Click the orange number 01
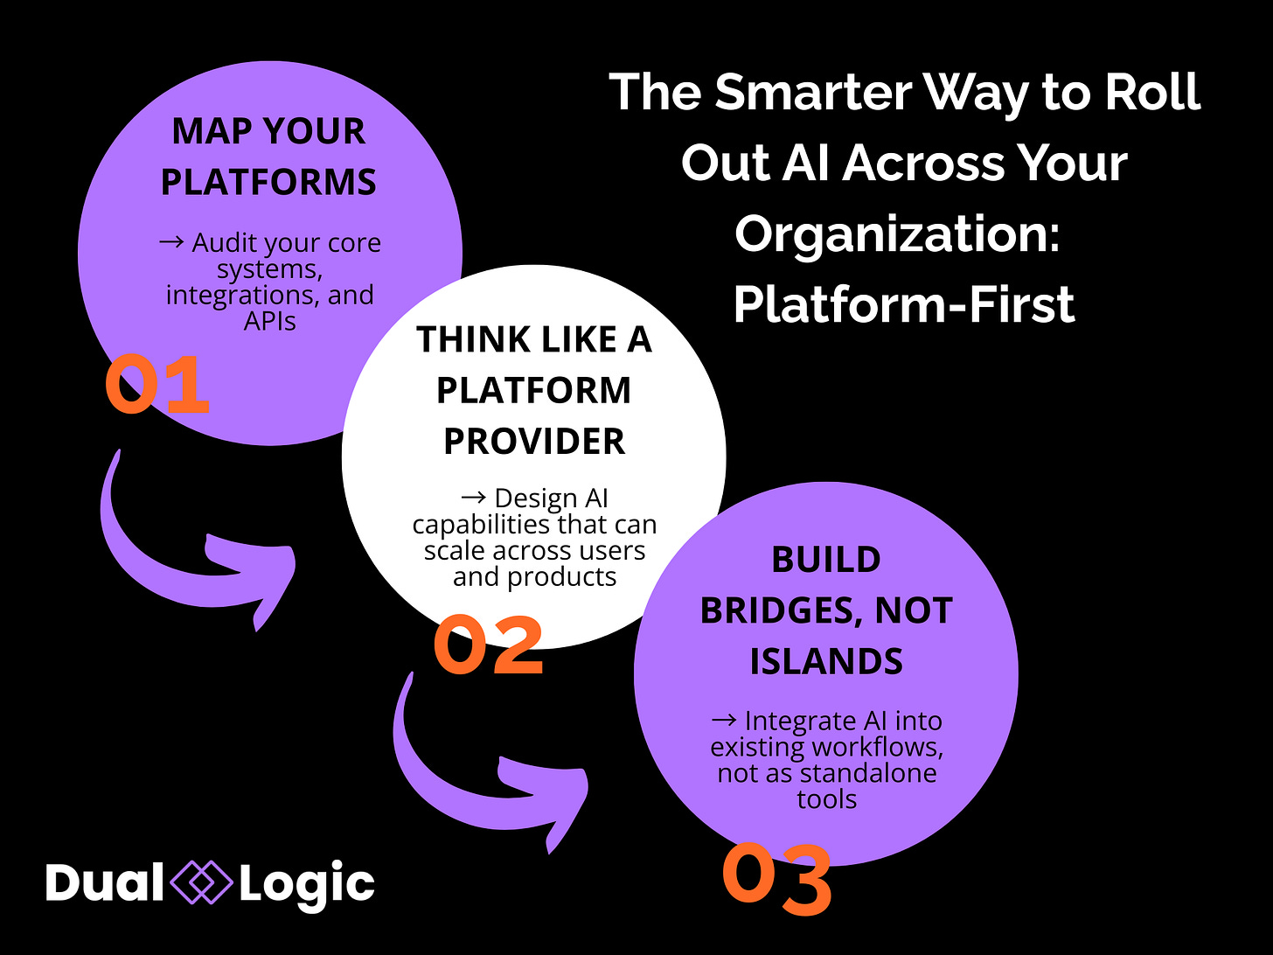click(x=157, y=385)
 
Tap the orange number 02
click(x=489, y=645)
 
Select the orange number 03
click(x=777, y=879)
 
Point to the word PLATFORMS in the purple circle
click(x=268, y=182)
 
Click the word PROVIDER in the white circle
click(x=534, y=442)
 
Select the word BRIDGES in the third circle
click(x=775, y=610)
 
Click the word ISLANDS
click(x=826, y=661)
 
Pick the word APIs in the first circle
click(x=269, y=321)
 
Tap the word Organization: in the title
click(x=897, y=234)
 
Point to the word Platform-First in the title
click(x=904, y=304)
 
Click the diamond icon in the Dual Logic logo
click(x=201, y=882)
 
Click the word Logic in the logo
click(x=307, y=883)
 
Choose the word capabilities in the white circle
click(x=485, y=525)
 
